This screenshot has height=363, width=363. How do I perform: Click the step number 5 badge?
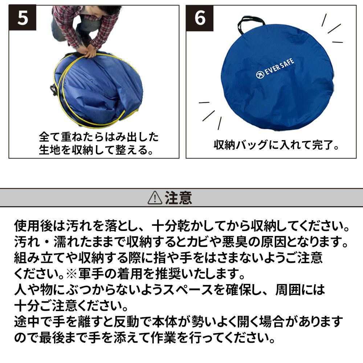click(23, 17)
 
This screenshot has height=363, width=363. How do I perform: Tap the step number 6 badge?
click(200, 18)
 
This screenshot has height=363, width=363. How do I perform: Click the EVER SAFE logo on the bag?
click(275, 69)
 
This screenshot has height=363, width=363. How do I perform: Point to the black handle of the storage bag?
click(251, 23)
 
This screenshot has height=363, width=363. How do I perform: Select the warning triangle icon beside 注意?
click(155, 198)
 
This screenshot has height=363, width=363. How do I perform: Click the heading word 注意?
click(178, 198)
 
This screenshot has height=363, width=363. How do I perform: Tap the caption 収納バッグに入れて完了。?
click(277, 145)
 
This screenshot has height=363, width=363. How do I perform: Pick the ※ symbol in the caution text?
click(72, 274)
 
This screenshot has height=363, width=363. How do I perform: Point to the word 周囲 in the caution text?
click(288, 290)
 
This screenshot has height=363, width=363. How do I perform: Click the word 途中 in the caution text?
click(27, 322)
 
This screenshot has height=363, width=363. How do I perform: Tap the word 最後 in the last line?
click(52, 338)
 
